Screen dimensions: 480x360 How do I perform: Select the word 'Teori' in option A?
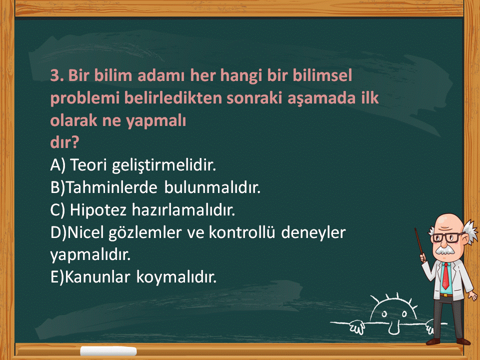pos(89,164)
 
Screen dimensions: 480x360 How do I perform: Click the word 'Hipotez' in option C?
pos(98,210)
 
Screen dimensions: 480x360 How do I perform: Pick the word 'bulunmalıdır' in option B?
pos(212,187)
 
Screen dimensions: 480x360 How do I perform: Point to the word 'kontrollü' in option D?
pos(242,232)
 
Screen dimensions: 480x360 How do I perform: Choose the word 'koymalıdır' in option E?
pos(176,277)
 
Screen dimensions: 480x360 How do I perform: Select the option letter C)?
pos(57,210)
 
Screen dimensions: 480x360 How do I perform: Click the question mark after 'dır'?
pos(75,141)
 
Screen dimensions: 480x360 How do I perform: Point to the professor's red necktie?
pos(445,275)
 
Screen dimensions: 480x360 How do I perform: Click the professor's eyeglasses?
pos(447,237)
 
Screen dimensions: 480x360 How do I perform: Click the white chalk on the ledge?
pos(108,351)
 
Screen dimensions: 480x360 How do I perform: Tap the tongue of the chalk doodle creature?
pos(393,328)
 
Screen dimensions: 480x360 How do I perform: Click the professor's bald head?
pos(447,221)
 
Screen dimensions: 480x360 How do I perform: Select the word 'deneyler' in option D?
pos(313,232)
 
